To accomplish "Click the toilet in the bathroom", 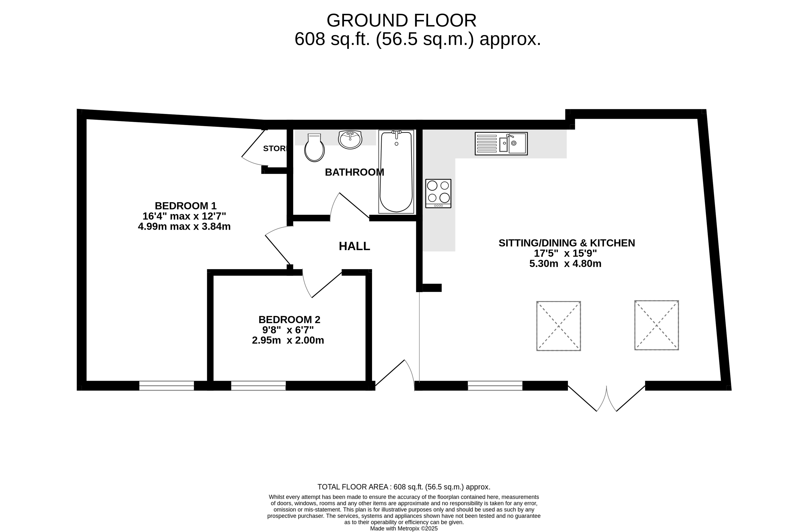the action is (x=314, y=148).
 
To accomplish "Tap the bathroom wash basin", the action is (x=350, y=140).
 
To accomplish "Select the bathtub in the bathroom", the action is (x=396, y=171).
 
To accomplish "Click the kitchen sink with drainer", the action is (x=501, y=144).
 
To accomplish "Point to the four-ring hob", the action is (x=438, y=193).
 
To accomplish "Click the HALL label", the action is (x=354, y=246).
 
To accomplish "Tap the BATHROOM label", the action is (x=354, y=172).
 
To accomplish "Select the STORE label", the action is (x=275, y=148).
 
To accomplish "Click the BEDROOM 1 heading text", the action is (x=185, y=206).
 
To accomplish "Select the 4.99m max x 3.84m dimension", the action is (x=184, y=226).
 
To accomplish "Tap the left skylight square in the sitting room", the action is (x=558, y=326).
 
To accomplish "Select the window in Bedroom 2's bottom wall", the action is (x=258, y=386).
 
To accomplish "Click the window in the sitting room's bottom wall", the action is (x=495, y=386).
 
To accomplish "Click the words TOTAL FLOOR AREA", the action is (x=353, y=487).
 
